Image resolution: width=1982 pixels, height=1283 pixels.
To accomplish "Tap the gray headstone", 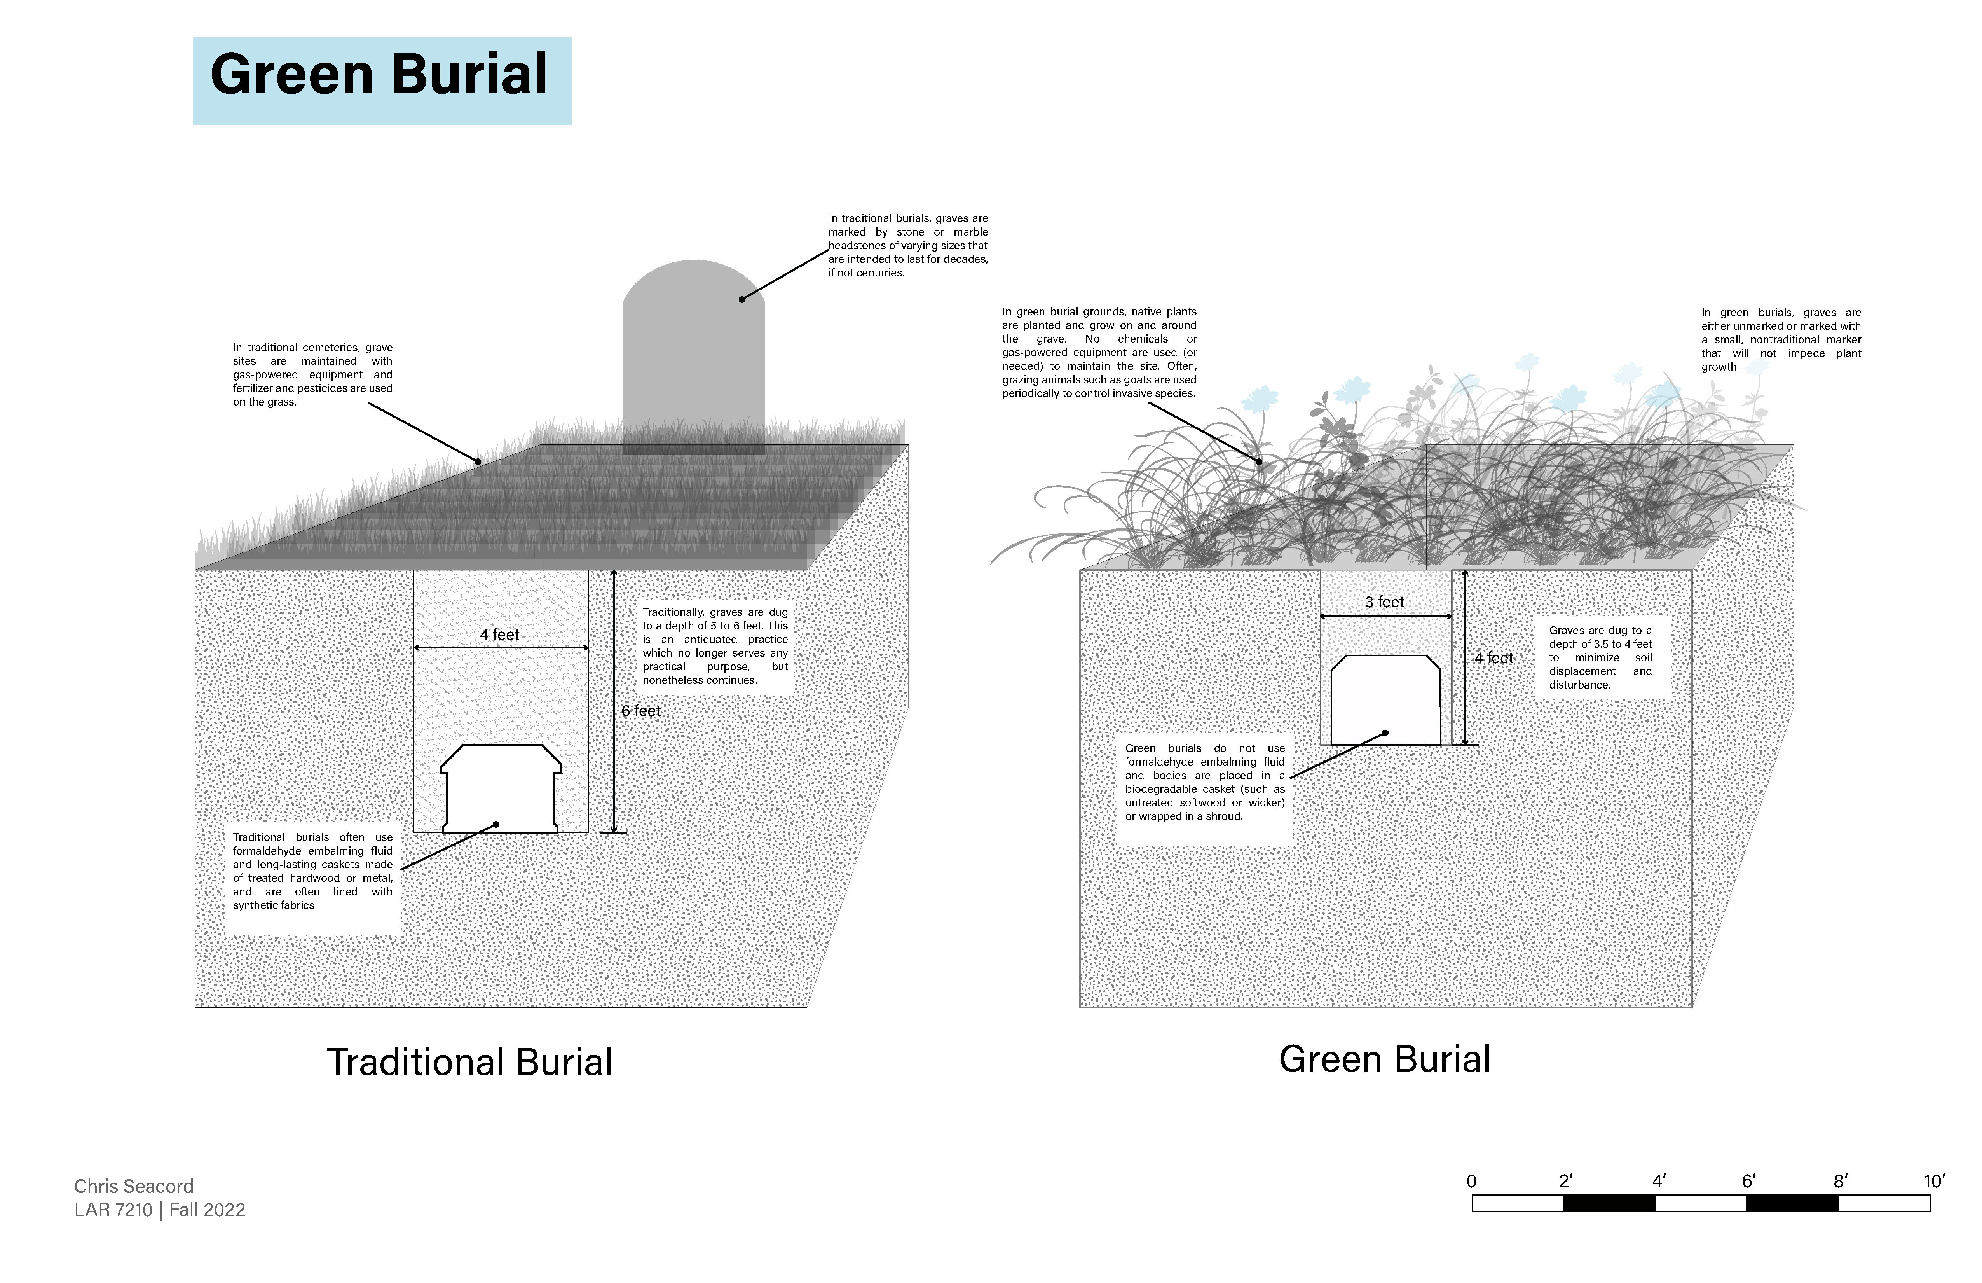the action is pos(694,358).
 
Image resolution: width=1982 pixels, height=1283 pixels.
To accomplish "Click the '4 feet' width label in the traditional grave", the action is pos(500,635).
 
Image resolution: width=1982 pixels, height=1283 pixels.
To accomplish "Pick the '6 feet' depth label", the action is pos(641,711).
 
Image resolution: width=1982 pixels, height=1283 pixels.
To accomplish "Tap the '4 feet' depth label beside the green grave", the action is pos(1494,658).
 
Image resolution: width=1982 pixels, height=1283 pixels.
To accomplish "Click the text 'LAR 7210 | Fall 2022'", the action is pos(160,1210).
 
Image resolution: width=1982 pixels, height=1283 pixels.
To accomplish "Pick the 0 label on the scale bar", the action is pos(1471,1182).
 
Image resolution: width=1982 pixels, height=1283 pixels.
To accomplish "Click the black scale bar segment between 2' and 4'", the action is pos(1609,1203).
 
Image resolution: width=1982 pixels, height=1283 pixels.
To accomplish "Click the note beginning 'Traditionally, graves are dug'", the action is pos(715,646).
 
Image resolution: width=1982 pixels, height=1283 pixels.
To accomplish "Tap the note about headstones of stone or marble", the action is pos(908,246).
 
